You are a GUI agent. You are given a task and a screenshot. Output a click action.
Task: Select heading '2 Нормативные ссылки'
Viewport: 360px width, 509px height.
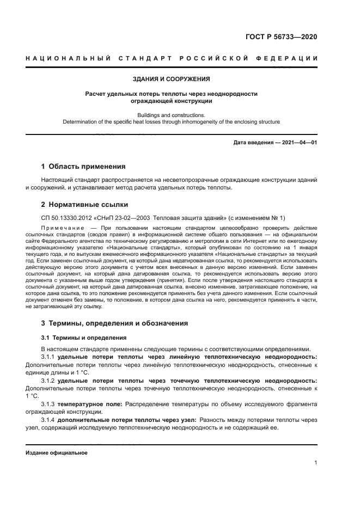[84, 205]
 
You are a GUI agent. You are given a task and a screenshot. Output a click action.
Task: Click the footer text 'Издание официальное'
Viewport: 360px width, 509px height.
[56, 452]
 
